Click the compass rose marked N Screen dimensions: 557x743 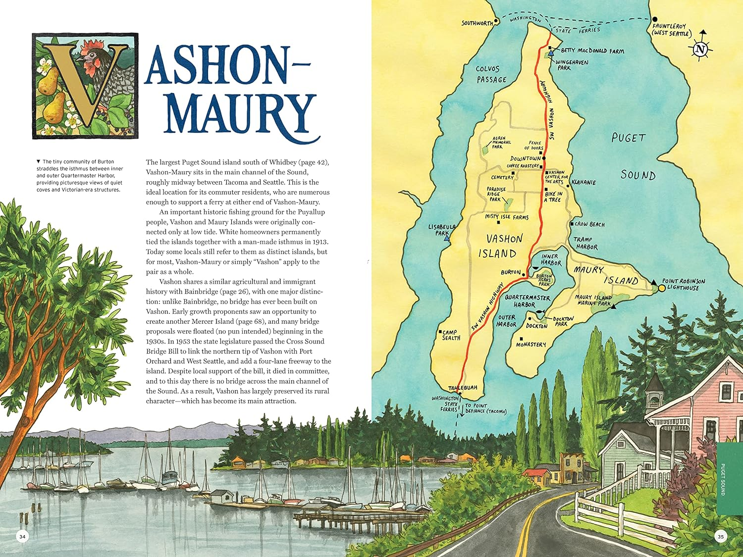coord(700,48)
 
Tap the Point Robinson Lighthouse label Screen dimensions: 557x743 coord(683,284)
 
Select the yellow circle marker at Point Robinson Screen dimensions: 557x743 coord(662,288)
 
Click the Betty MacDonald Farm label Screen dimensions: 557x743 coord(592,51)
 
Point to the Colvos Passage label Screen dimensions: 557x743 coord(491,74)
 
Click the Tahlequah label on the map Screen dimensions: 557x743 coord(463,388)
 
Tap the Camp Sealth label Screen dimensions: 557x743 coord(451,335)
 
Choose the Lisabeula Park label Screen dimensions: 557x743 coord(442,230)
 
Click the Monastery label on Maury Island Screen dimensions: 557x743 coord(531,344)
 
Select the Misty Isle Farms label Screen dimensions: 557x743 coord(506,217)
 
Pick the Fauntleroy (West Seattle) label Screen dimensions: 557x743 coord(671,30)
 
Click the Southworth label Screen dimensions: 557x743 coord(477,23)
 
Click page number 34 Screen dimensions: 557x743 coord(22,536)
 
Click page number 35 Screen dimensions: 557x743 coord(721,536)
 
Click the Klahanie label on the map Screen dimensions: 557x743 coord(584,182)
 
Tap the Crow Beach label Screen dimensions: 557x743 coord(589,224)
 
